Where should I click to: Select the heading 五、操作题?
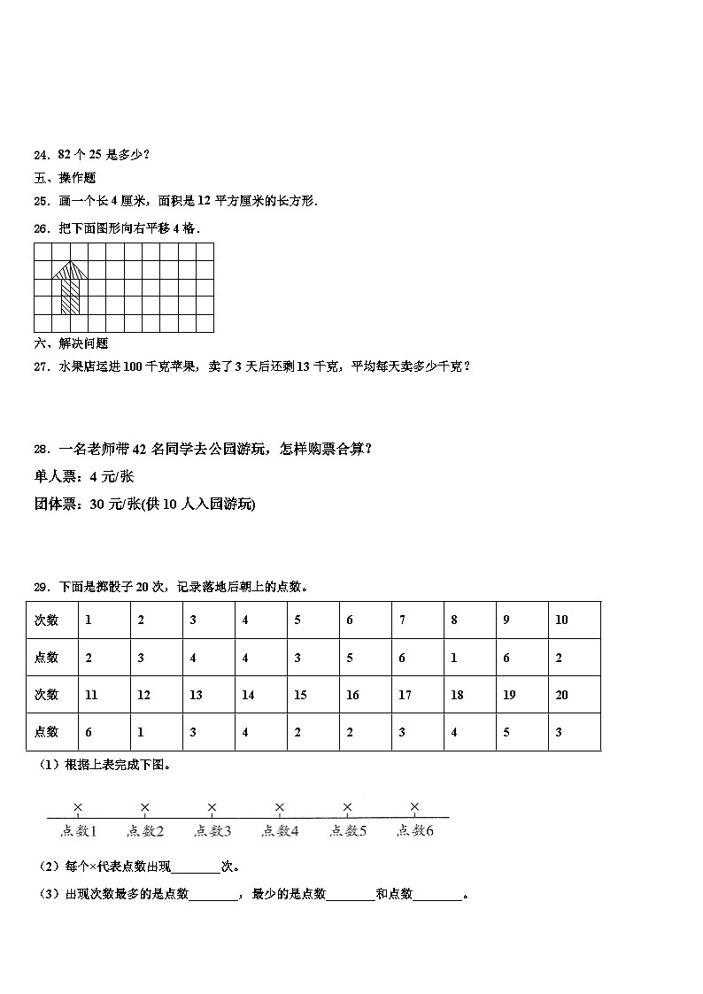coord(65,178)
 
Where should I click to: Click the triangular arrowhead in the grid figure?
coord(70,268)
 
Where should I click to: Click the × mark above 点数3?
coord(212,806)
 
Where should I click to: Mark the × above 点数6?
coord(414,806)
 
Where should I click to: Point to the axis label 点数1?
coord(78,830)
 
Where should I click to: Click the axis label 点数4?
coord(280,830)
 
